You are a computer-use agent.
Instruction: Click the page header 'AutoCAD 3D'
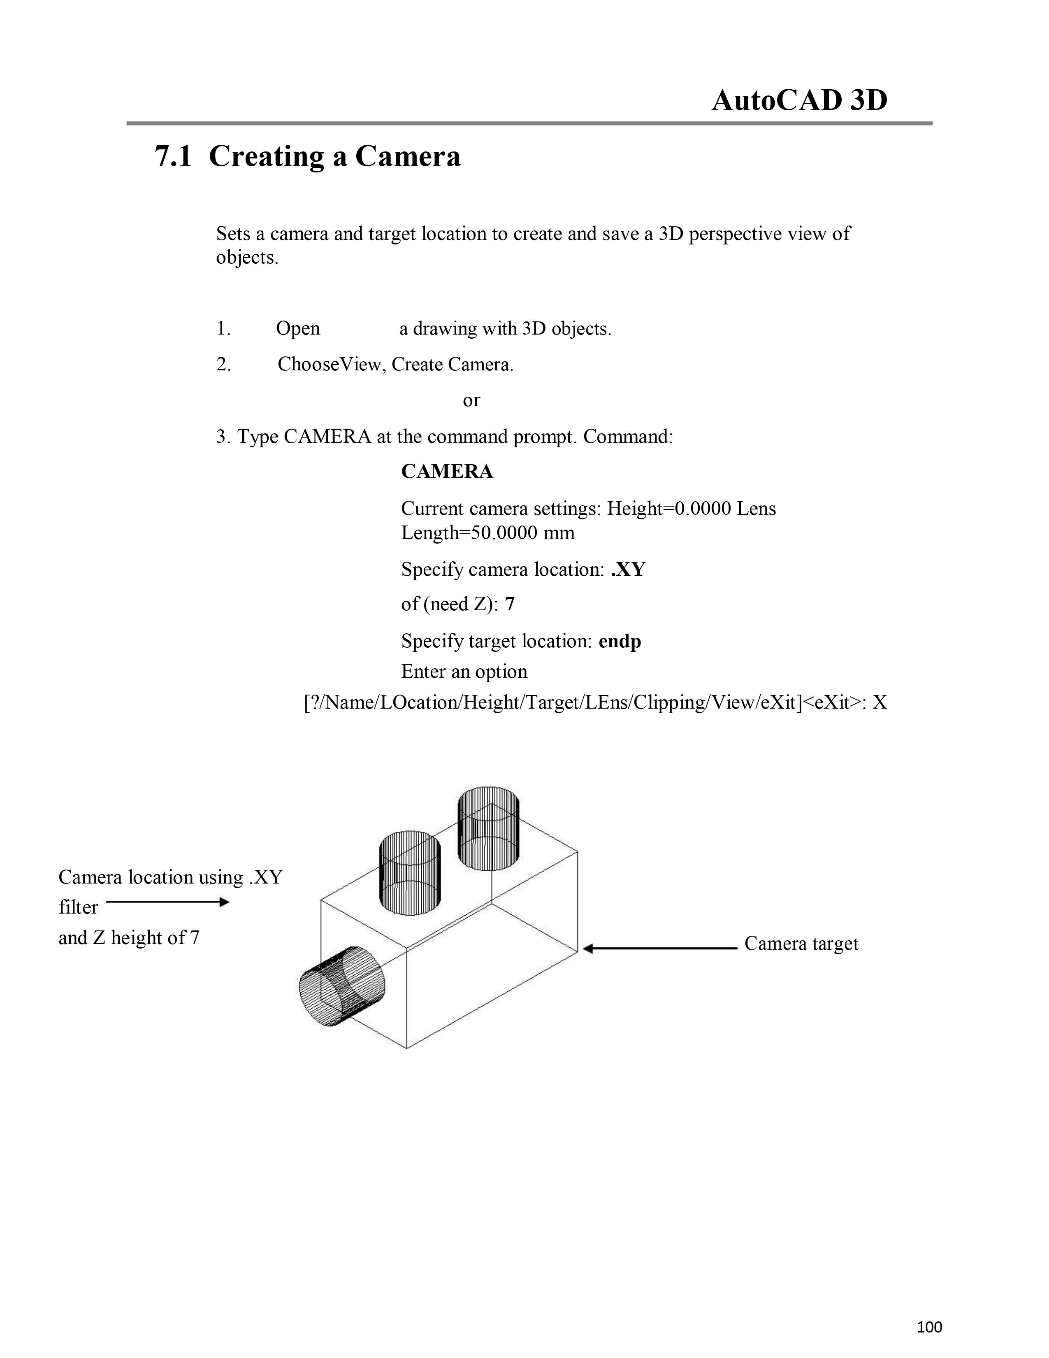[x=799, y=101]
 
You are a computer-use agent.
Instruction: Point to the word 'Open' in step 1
[x=298, y=328]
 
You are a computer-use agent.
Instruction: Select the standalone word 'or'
[x=471, y=400]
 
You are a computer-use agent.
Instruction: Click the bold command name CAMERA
[x=447, y=472]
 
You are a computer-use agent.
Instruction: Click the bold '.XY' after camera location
[x=628, y=570]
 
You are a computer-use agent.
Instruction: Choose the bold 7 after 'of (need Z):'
[x=510, y=605]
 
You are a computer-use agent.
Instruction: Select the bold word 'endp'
[x=620, y=641]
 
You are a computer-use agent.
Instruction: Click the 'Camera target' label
[x=801, y=944]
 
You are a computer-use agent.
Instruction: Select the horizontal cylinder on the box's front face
[x=342, y=986]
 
